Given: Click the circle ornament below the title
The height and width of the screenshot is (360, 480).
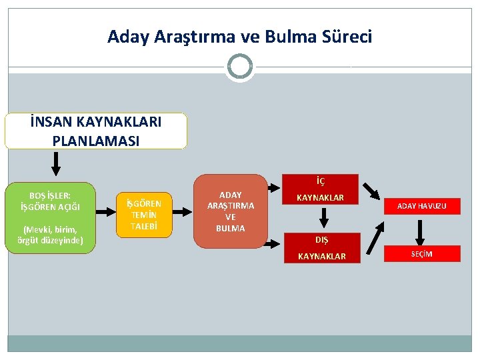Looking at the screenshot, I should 239,67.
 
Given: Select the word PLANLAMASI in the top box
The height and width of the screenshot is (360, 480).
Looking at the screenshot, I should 95,140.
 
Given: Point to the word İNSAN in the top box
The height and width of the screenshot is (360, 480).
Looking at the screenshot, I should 53,122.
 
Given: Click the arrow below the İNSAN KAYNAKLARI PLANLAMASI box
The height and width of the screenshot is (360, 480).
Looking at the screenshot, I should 56,163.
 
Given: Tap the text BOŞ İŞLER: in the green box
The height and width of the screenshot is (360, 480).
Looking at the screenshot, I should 51,195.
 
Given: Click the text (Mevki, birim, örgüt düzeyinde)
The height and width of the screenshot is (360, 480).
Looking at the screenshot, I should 51,235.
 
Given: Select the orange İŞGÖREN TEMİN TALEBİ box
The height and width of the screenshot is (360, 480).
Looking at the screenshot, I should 144,214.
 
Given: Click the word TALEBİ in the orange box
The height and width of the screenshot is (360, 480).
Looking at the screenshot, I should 144,226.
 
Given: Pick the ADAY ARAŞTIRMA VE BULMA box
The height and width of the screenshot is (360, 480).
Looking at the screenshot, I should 230,211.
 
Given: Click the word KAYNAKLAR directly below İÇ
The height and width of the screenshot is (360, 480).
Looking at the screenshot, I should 321,198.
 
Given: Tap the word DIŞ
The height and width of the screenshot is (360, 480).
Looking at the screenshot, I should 322,239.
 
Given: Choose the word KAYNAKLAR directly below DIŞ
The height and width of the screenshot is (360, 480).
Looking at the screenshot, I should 322,256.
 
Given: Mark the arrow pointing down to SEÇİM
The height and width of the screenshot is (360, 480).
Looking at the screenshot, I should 421,231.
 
